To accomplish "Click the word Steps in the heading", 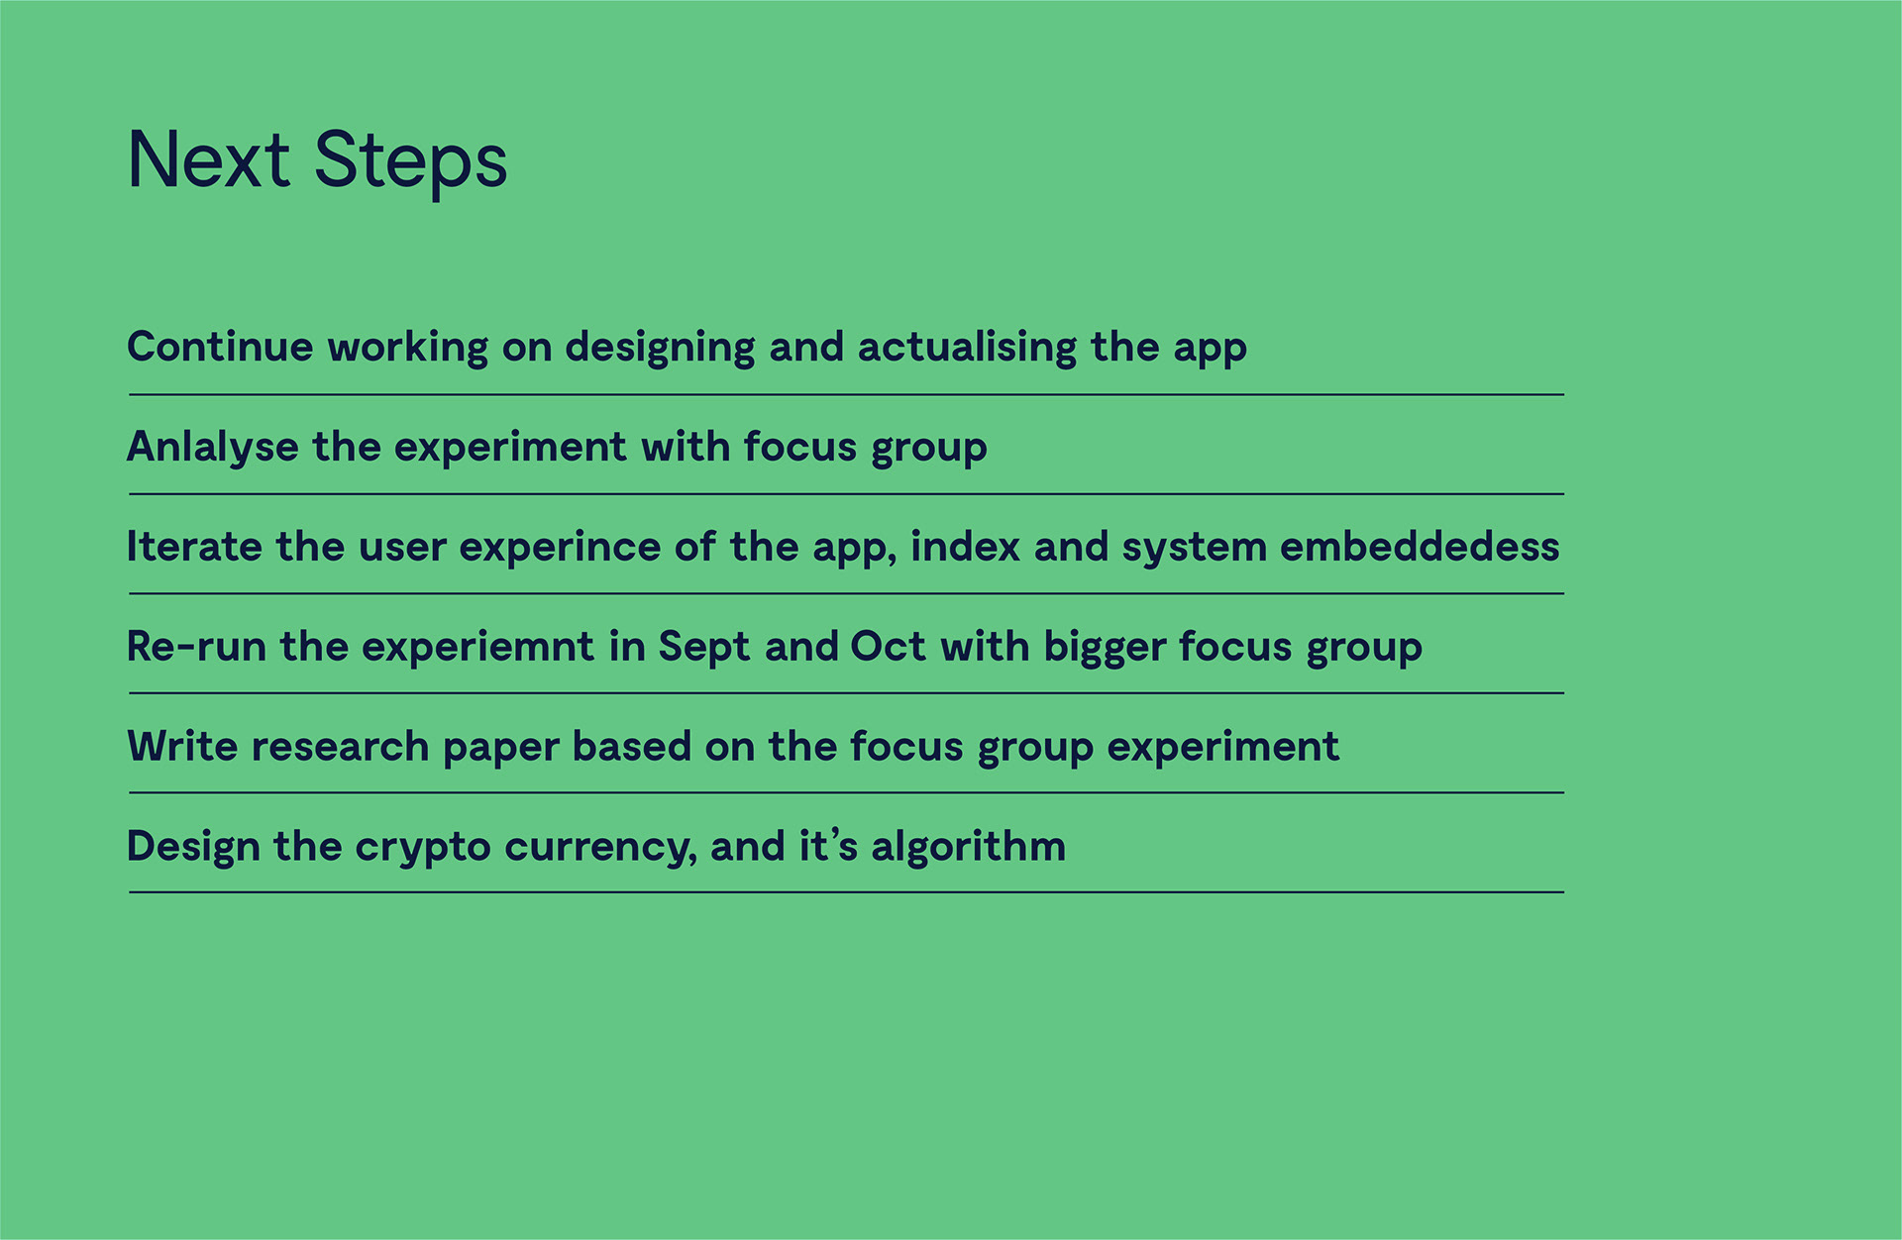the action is tap(411, 161).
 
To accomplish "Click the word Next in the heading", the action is tap(209, 159).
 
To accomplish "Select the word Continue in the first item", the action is tap(221, 347).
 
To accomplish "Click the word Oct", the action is tap(889, 647).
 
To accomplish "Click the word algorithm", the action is tap(969, 847).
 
